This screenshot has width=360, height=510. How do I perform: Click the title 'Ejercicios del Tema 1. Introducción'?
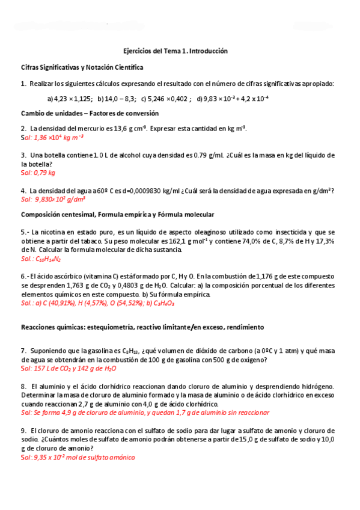171,52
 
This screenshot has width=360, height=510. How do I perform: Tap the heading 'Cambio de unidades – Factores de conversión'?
90,113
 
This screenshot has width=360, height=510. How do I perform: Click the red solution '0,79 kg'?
38,173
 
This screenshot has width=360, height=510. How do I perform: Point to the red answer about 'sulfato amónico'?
78,458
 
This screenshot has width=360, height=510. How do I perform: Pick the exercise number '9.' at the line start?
23,431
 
